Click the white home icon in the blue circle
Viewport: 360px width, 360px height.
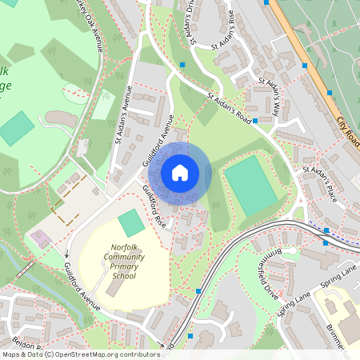coord(180,172)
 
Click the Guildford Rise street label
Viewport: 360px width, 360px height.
coord(154,205)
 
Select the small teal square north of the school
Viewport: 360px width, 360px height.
coord(131,222)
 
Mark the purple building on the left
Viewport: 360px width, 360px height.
coord(38,238)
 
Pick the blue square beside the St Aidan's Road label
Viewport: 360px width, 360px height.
coord(254,122)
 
